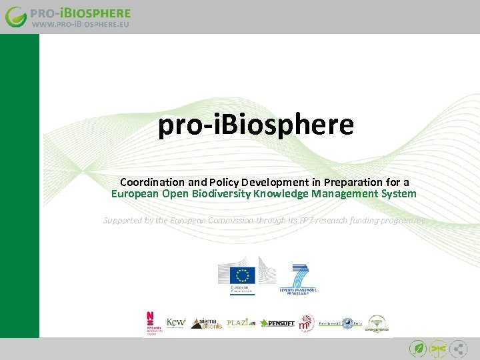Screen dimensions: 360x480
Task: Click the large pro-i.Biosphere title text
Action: (x=255, y=125)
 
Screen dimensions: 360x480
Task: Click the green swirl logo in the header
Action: (x=16, y=17)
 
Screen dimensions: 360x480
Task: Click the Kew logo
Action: (x=175, y=323)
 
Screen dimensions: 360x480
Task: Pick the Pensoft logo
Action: (x=277, y=323)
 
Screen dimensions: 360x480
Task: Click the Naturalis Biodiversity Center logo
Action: (x=152, y=323)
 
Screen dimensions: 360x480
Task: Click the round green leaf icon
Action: (x=419, y=348)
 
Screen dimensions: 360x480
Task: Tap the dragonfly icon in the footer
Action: (x=439, y=348)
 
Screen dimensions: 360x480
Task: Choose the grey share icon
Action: (x=459, y=348)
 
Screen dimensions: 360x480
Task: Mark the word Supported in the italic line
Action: (x=124, y=220)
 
